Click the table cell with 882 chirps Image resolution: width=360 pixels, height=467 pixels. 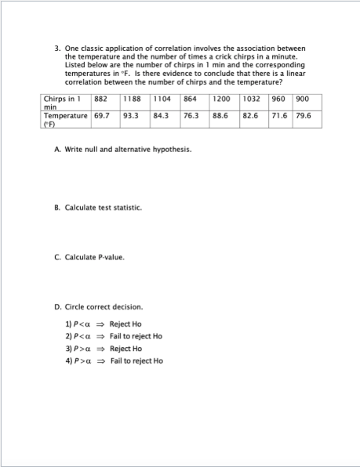coord(100,100)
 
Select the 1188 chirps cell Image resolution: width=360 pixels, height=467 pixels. coord(131,100)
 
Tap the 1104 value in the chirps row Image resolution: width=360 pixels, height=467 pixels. coord(162,100)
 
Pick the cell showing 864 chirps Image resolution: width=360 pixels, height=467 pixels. coord(190,100)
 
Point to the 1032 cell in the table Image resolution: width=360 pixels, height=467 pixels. coord(251,100)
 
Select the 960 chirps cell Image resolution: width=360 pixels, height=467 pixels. coord(278,100)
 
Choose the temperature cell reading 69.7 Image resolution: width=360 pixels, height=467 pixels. coord(102,115)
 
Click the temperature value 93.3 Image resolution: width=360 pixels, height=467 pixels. coord(131,115)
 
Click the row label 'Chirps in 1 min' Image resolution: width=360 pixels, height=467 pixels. coord(64,104)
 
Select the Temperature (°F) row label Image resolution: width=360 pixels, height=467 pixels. coord(64,119)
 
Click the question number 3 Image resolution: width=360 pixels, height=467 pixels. coord(57,49)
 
